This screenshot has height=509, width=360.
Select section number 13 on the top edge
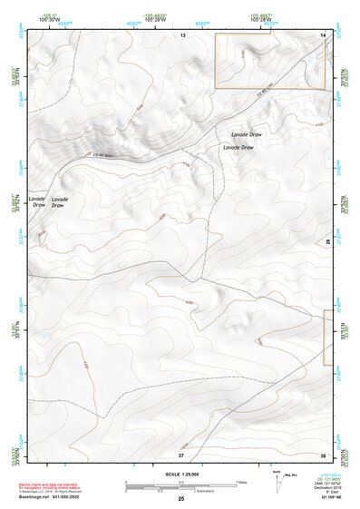pos(182,34)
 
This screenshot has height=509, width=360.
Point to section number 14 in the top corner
pos(324,34)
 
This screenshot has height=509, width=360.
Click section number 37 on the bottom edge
pos(180,455)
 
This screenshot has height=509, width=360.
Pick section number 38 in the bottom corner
pos(324,455)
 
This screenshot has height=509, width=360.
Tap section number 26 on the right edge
pos(328,241)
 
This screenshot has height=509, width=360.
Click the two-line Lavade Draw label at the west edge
pos(37,201)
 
